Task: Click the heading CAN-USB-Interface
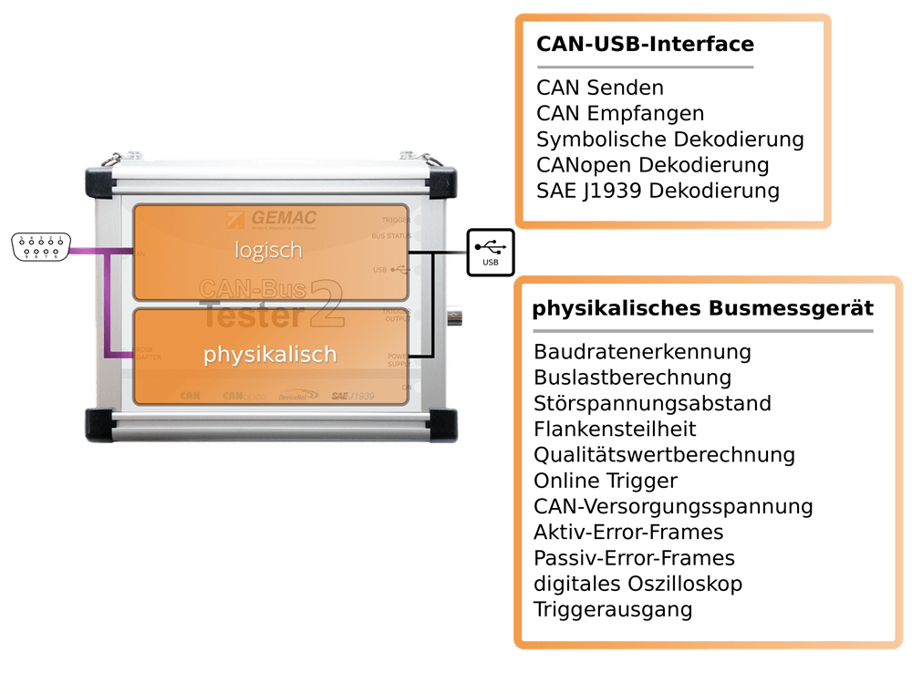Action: [645, 45]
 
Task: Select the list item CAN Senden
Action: [600, 88]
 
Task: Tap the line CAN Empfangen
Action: [620, 114]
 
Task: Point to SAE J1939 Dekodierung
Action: [658, 191]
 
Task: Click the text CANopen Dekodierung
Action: [652, 165]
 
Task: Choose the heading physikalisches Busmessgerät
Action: [702, 308]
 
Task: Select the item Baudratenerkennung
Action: [642, 352]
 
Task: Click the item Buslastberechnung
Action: [632, 378]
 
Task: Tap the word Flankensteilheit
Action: [615, 429]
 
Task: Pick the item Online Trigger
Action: [606, 481]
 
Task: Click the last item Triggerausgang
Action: [613, 609]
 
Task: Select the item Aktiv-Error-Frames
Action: [628, 532]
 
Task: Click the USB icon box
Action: [491, 253]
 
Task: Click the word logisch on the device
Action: [267, 250]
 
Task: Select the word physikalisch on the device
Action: [270, 354]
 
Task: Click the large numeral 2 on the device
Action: [326, 305]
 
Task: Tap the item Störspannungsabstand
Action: [652, 403]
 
